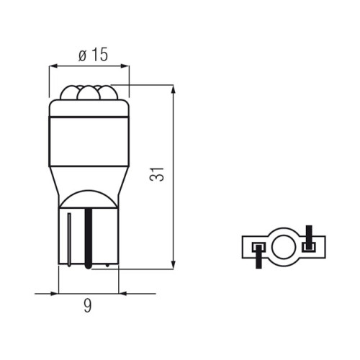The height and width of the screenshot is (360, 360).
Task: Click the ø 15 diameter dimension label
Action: (93, 55)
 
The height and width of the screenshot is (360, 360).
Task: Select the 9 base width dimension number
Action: (88, 305)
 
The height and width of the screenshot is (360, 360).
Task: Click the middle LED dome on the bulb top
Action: (89, 93)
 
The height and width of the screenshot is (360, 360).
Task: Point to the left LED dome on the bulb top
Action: (69, 93)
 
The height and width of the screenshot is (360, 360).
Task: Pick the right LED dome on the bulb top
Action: (108, 93)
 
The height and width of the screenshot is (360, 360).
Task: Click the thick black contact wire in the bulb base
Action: (89, 238)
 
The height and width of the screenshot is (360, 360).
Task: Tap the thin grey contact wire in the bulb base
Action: (69, 240)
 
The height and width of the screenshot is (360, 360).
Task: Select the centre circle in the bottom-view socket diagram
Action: (284, 247)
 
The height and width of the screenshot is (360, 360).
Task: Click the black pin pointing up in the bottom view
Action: (309, 238)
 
